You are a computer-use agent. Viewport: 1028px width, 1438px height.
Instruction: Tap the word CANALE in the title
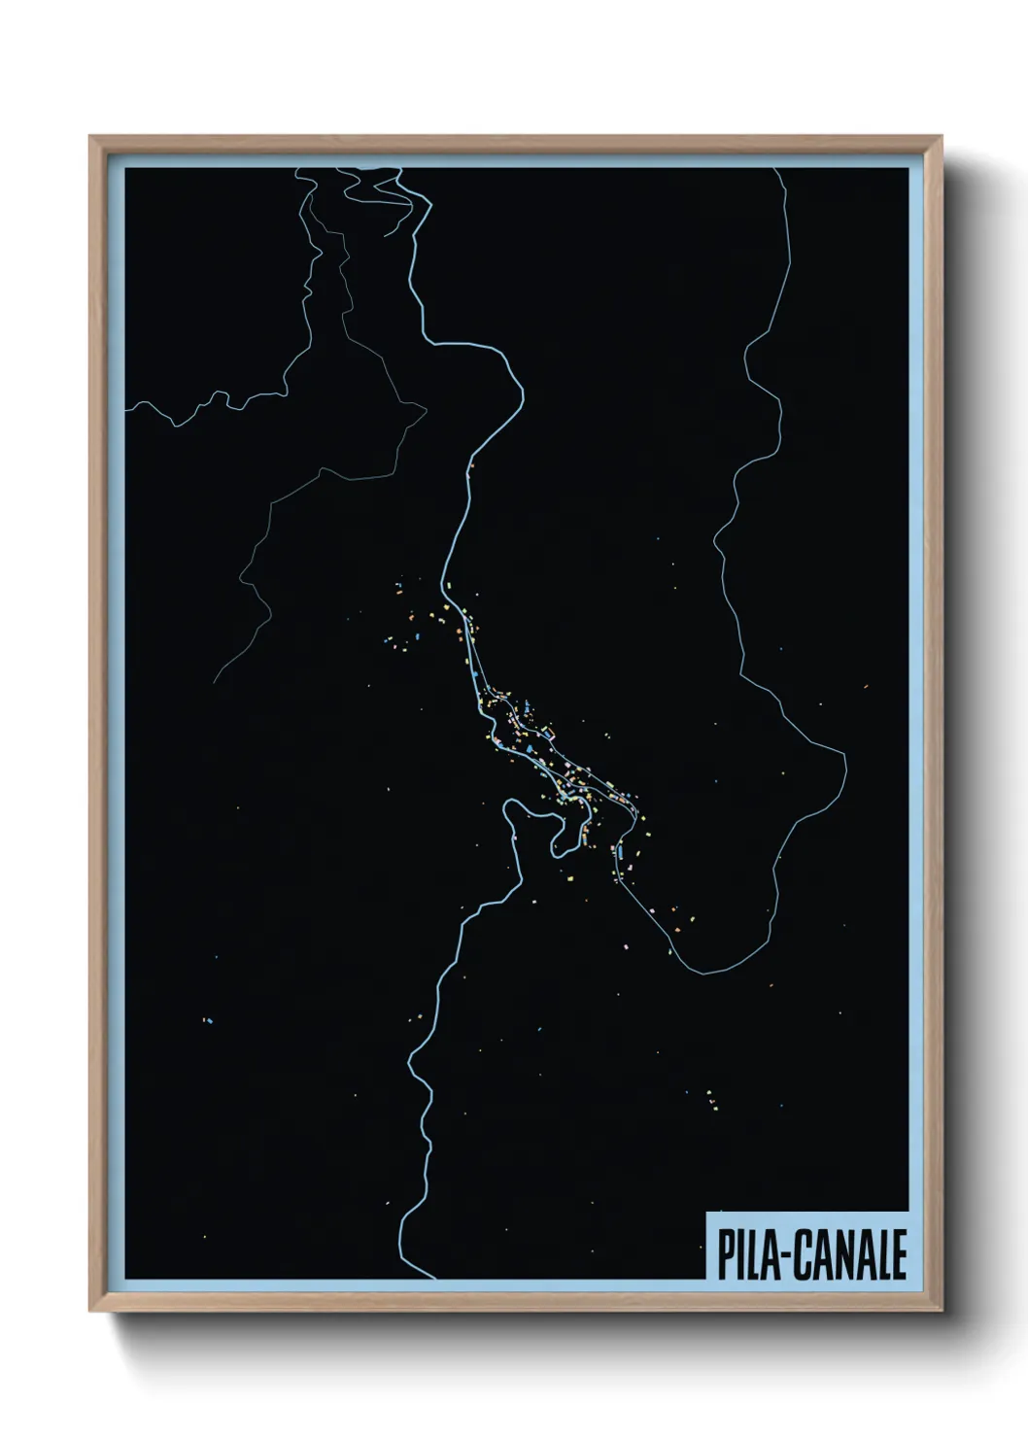[850, 1255]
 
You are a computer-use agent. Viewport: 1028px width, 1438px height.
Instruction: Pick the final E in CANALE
[899, 1255]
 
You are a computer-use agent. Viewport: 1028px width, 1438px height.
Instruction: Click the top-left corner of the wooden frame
[90, 137]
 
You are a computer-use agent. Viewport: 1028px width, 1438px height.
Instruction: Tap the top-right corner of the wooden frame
[942, 137]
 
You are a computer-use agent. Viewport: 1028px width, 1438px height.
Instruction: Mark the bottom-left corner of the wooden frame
[90, 1311]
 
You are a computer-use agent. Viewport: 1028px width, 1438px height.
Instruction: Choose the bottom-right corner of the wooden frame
[942, 1311]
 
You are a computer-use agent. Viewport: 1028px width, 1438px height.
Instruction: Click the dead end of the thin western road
[215, 680]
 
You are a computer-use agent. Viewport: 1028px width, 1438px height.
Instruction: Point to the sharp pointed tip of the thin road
[426, 408]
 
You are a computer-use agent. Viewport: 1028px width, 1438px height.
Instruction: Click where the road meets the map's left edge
[126, 407]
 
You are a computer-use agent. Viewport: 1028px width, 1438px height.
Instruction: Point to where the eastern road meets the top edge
[774, 169]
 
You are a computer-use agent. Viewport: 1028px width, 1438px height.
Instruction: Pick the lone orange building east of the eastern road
[865, 686]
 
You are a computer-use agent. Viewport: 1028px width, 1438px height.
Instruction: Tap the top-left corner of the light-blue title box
[706, 1212]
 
